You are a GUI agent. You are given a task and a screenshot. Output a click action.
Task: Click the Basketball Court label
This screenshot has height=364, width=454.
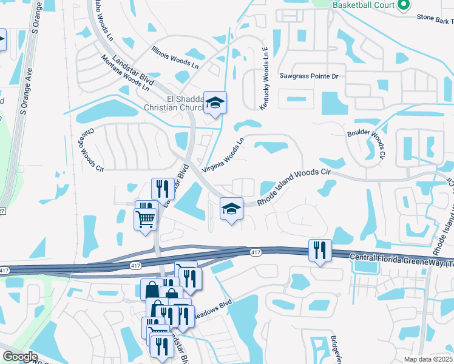(x=363, y=5)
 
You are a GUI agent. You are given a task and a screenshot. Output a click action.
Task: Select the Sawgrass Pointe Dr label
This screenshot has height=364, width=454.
(x=309, y=76)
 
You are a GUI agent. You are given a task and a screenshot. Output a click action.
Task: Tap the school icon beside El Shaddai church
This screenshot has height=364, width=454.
(x=215, y=103)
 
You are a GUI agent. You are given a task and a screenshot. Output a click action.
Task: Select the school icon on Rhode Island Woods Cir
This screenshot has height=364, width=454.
(x=231, y=209)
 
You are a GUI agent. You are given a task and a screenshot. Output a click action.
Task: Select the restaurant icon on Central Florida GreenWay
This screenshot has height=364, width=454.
(x=319, y=250)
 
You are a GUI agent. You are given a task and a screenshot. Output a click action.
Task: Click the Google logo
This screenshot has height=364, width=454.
(x=20, y=356)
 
